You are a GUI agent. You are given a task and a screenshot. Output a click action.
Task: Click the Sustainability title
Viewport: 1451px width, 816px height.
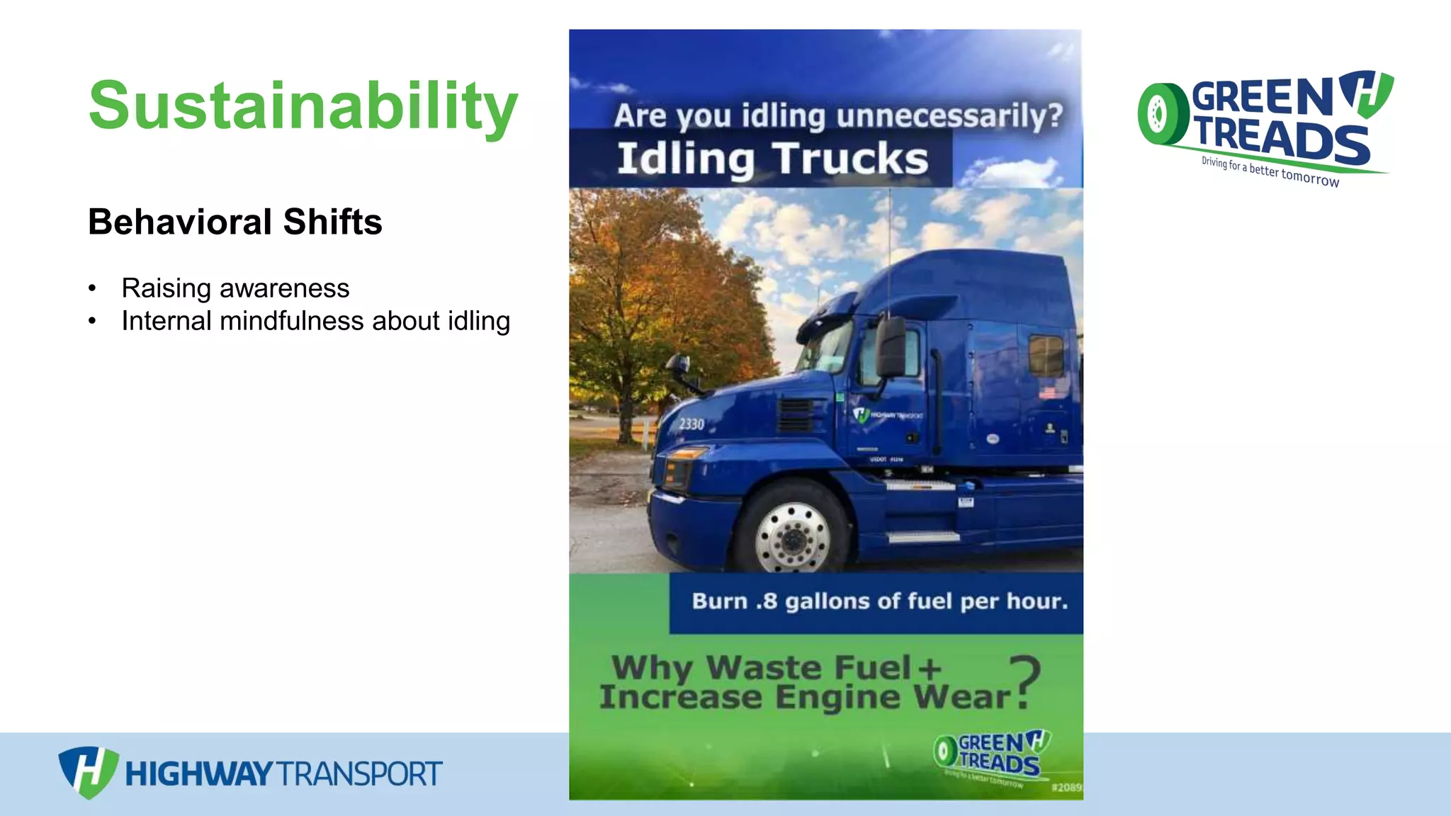point(303,106)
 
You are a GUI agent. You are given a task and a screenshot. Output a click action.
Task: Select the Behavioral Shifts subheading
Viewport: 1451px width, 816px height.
point(235,222)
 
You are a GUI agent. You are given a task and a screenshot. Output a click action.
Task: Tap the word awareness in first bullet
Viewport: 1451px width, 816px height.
point(284,288)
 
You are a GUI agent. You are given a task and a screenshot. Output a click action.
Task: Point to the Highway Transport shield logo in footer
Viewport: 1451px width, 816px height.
point(87,771)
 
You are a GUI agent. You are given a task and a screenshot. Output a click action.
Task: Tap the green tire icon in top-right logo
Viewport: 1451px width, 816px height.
point(1162,114)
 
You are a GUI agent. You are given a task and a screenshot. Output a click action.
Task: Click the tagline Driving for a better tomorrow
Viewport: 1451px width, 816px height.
point(1270,171)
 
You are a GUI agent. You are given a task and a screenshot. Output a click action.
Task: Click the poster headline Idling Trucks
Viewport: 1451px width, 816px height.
point(772,159)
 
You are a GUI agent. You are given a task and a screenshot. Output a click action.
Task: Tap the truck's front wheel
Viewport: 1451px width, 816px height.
point(792,529)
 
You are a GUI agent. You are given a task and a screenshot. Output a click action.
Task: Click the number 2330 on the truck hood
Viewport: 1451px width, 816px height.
point(691,424)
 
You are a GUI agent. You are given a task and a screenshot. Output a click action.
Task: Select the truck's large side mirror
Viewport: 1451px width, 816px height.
point(891,346)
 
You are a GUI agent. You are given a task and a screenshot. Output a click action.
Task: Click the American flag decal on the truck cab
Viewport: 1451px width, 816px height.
point(1046,392)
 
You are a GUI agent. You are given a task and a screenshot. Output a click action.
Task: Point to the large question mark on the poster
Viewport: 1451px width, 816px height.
point(1024,681)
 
